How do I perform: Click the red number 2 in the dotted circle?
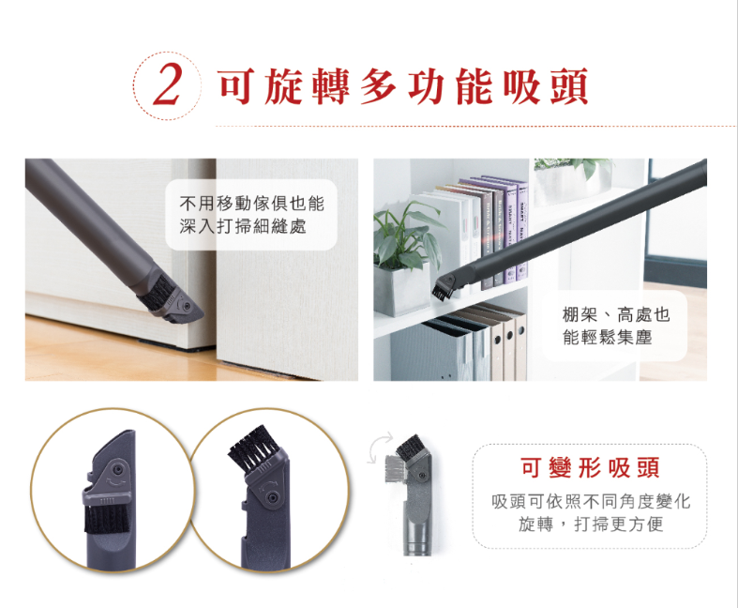point(167,86)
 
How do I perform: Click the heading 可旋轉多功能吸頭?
point(403,86)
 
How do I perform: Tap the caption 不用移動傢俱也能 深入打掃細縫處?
point(252,215)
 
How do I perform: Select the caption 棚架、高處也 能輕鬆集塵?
point(616,326)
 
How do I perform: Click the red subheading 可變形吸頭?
point(590,467)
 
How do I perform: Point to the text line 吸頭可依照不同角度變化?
point(591,502)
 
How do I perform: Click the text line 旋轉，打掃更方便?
point(591,524)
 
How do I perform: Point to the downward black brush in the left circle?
point(106,518)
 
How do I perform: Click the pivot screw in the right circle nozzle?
point(272,497)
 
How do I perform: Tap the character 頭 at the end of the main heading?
point(569,86)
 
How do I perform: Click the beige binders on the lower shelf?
point(503,343)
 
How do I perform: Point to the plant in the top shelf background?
point(572,173)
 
